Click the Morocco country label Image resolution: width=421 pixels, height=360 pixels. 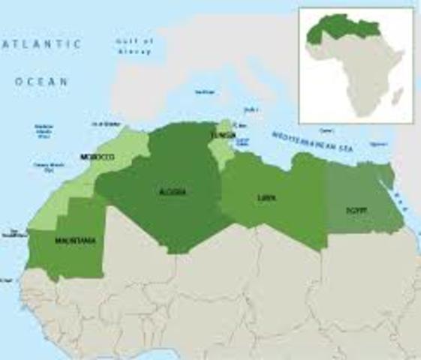98,157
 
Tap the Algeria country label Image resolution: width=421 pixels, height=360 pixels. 173,192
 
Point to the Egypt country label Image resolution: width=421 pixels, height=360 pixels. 356,210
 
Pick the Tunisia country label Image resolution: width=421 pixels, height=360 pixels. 223,135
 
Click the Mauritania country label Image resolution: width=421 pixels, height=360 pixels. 75,241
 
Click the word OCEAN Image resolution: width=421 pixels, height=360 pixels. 41,80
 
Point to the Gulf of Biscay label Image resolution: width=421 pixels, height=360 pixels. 135,46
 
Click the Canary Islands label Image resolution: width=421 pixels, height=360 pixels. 44,165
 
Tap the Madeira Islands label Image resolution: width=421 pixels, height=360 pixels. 44,131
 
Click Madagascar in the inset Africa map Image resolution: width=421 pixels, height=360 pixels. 398,97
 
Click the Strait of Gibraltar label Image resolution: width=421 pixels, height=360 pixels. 104,123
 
